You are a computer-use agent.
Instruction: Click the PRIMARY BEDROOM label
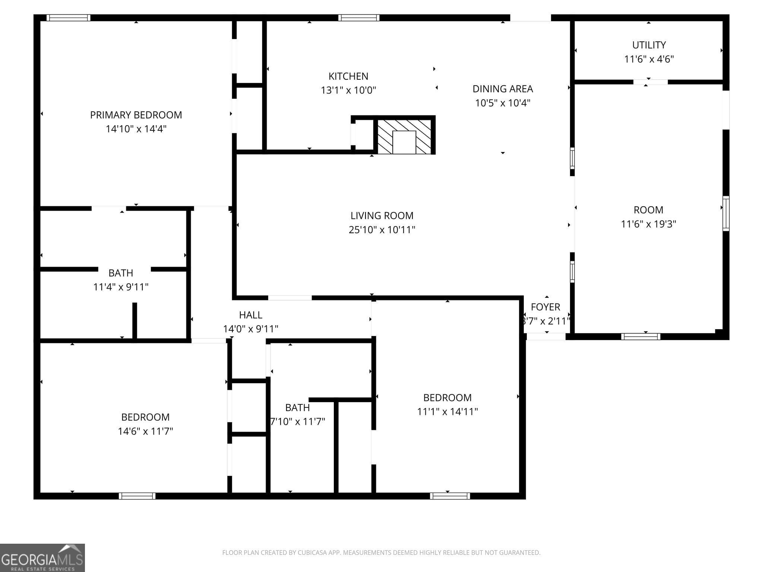[136, 115]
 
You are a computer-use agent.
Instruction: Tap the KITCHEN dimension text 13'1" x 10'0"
[348, 90]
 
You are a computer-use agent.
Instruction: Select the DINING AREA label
[503, 89]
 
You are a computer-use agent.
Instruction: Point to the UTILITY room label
[649, 45]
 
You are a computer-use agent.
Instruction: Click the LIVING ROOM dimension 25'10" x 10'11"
[382, 230]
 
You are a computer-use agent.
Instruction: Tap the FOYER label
[545, 307]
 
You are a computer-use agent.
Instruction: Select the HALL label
[250, 315]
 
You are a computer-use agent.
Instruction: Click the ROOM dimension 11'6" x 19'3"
[648, 224]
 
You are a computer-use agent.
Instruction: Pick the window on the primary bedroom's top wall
[69, 18]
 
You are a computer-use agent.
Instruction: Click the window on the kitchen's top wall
[359, 18]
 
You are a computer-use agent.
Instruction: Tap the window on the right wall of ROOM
[726, 213]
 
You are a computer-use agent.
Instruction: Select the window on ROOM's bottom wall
[640, 337]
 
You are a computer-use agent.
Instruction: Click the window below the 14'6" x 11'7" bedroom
[137, 496]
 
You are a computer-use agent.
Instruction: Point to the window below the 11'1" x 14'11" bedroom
[450, 496]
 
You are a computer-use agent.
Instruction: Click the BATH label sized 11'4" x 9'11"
[121, 273]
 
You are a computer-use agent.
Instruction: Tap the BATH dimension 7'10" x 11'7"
[297, 422]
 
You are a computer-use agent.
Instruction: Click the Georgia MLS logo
[42, 557]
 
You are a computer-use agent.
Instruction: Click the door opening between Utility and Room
[650, 82]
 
